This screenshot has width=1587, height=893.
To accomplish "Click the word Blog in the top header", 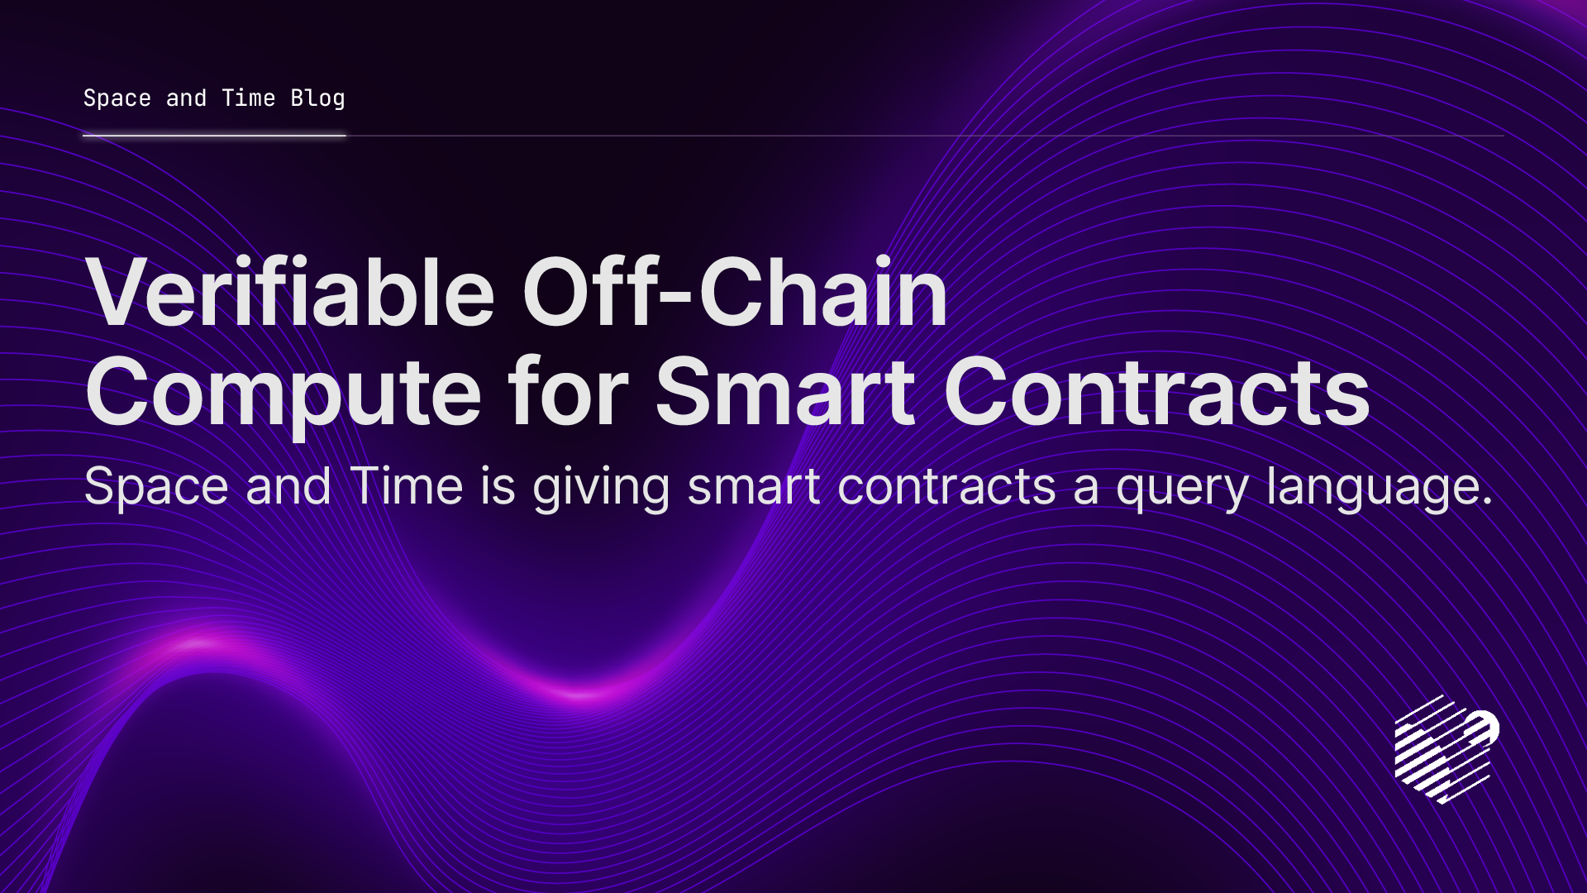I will pos(317,98).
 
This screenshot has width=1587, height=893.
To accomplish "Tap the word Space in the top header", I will pos(117,98).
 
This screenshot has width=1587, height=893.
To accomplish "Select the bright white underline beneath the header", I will pos(214,136).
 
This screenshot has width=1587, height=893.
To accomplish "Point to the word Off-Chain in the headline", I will pos(735,294).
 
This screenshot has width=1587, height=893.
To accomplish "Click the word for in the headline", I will pos(569,393).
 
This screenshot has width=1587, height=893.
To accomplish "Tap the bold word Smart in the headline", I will pos(785,393).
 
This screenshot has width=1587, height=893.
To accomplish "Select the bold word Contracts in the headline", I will pos(1156,393).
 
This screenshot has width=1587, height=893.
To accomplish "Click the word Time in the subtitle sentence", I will pos(406,486).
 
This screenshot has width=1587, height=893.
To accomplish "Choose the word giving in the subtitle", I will pos(601,488).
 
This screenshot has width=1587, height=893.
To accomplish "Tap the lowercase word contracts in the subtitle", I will pos(946,486).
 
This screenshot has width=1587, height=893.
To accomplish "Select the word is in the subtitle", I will pos(498,486).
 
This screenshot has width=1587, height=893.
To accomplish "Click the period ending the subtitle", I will pos(1488,501).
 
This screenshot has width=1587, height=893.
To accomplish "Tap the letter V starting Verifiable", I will pos(124,294).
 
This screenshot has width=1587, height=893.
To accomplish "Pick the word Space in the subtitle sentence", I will pos(156,486).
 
